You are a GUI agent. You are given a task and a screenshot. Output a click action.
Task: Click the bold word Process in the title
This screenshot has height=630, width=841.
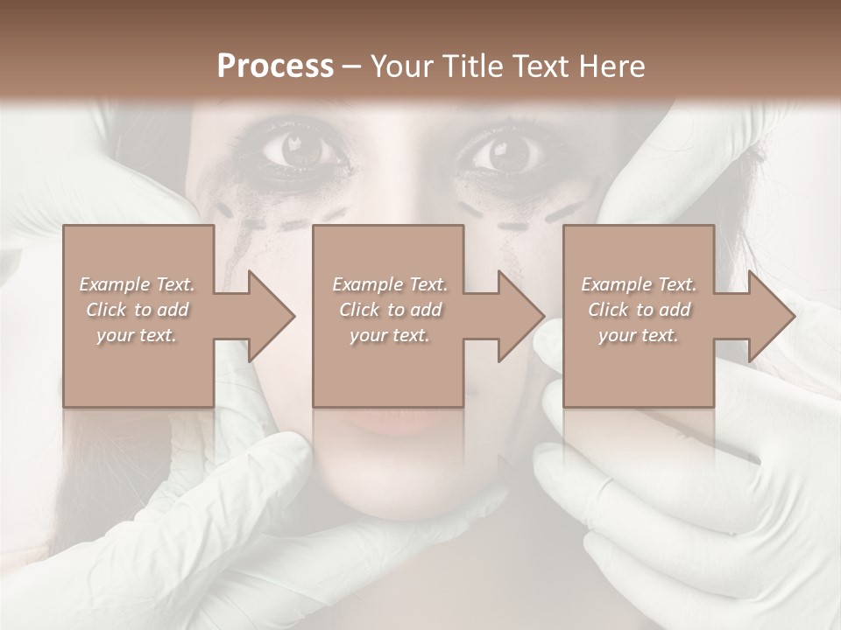275,66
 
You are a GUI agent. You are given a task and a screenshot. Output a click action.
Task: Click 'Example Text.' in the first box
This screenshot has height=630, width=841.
137,284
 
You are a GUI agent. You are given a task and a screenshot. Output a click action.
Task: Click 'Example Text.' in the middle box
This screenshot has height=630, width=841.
389,284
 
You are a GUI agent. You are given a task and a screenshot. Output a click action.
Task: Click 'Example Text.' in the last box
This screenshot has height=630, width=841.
639,284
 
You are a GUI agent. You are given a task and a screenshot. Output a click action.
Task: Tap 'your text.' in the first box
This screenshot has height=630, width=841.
137,335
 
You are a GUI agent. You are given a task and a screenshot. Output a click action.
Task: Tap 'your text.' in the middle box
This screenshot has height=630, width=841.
389,335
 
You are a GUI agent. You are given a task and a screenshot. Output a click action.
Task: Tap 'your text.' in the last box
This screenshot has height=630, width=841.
639,335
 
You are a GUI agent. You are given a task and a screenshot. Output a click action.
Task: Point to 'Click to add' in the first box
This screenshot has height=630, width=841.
137,310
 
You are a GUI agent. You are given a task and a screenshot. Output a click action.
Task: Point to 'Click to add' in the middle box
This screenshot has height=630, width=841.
389,310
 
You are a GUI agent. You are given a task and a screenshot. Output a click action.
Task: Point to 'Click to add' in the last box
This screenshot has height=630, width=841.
639,310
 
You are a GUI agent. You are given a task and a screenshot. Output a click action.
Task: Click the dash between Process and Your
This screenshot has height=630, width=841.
352,67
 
